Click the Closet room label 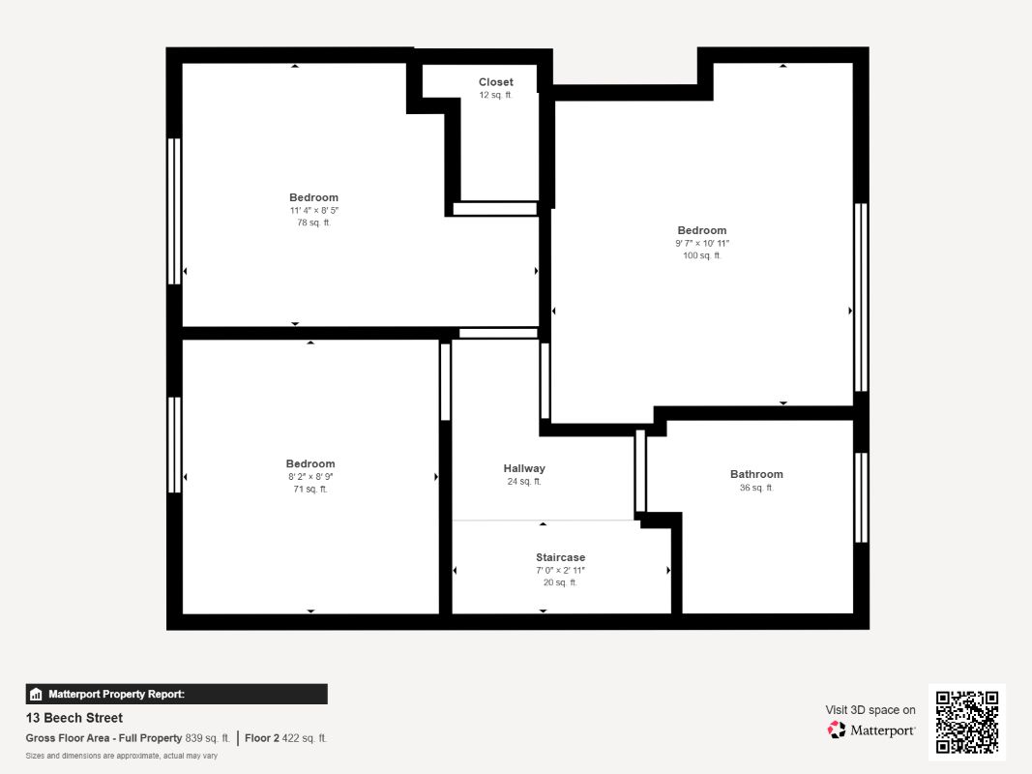coord(495,82)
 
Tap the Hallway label coord(524,468)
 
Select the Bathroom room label coord(757,474)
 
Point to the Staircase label coord(560,557)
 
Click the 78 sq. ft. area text coord(314,223)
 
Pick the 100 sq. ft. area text coord(702,255)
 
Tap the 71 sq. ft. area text coord(310,489)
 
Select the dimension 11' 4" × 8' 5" coord(314,211)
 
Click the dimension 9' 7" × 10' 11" coord(702,243)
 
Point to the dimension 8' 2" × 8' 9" coord(310,477)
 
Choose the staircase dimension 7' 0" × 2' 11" coord(560,570)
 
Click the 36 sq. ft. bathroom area coord(757,488)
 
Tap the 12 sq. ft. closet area coord(495,95)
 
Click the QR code coord(967,722)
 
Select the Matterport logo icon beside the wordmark coord(837,729)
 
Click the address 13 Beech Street coord(74,718)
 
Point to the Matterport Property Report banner coord(176,695)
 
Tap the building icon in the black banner coord(36,695)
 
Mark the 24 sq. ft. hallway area coord(524,482)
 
